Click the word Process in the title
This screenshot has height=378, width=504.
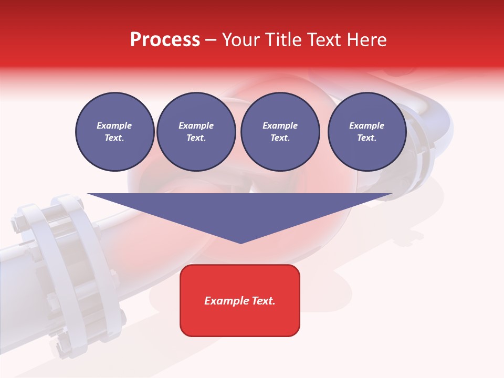pos(165,40)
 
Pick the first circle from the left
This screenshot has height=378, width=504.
pos(114,132)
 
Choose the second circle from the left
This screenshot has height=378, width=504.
pos(196,132)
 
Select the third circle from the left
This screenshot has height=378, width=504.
pos(280,132)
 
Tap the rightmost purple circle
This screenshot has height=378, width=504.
pos(367,132)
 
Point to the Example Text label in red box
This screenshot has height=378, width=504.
pos(240,301)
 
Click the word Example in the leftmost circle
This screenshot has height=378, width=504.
pos(114,125)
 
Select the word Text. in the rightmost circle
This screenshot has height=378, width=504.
pos(367,138)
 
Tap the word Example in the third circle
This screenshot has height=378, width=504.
pos(280,125)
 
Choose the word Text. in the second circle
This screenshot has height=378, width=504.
pos(196,138)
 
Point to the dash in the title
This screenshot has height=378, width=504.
pos(211,40)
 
